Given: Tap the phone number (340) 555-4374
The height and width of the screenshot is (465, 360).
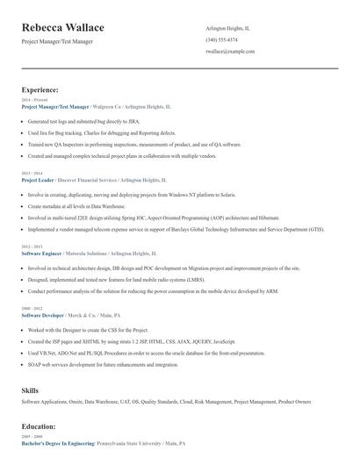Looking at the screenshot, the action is tap(221, 39).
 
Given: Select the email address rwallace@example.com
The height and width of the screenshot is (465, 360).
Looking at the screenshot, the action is tap(230, 52).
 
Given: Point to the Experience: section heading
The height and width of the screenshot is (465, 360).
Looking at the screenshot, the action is tap(40, 90).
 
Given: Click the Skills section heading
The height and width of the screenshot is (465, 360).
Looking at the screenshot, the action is tap(31, 388).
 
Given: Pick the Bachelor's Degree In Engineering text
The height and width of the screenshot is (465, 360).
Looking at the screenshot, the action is tap(58, 445).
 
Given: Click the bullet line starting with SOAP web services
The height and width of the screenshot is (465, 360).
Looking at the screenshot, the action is tap(97, 363).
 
